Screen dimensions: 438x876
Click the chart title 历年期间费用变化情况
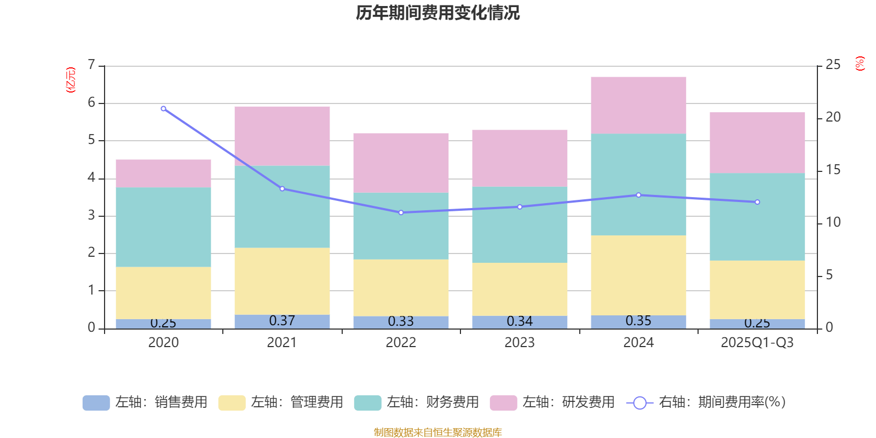pyautogui.click(x=437, y=13)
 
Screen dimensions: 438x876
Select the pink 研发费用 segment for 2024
pyautogui.click(x=638, y=105)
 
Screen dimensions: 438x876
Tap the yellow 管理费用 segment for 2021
pyautogui.click(x=282, y=281)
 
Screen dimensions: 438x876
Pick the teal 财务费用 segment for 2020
pyautogui.click(x=163, y=227)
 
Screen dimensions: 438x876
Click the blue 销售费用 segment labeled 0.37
pyautogui.click(x=282, y=322)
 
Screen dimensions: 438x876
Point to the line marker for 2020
pyautogui.click(x=163, y=108)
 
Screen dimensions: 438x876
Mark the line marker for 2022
pyautogui.click(x=401, y=212)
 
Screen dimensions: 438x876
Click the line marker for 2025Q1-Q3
pyautogui.click(x=757, y=202)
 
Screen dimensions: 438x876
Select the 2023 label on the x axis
pyautogui.click(x=520, y=343)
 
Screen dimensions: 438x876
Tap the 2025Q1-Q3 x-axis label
pyautogui.click(x=757, y=343)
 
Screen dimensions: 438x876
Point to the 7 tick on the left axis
pyautogui.click(x=91, y=65)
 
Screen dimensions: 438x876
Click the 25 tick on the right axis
pyautogui.click(x=833, y=65)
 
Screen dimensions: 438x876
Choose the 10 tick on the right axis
pyautogui.click(x=833, y=222)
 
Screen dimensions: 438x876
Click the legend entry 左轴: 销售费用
pyautogui.click(x=145, y=402)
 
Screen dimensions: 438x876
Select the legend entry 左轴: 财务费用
pyautogui.click(x=417, y=402)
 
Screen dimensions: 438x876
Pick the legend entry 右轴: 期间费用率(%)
pyautogui.click(x=706, y=402)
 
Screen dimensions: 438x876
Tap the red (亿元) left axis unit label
pyautogui.click(x=71, y=80)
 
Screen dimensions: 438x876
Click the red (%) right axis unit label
pyautogui.click(x=860, y=64)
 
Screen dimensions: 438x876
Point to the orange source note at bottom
pyautogui.click(x=437, y=433)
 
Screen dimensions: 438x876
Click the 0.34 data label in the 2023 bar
pyautogui.click(x=520, y=321)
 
